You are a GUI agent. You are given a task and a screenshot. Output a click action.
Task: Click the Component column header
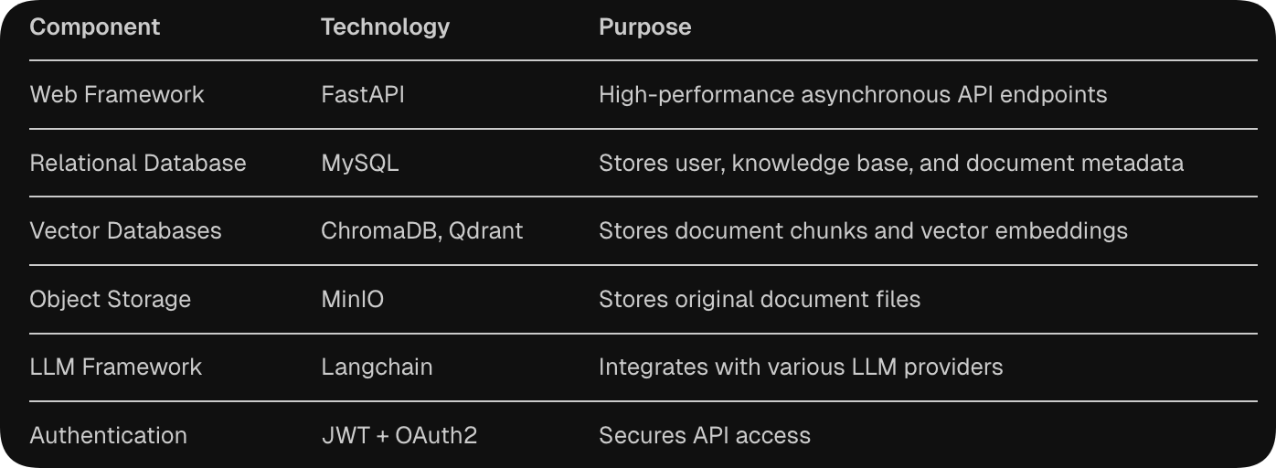[x=94, y=27]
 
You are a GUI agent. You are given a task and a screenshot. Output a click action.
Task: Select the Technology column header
[x=385, y=27]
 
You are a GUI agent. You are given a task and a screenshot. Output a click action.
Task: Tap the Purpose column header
[x=644, y=27]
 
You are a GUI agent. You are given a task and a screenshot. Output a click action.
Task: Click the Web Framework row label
[x=117, y=94]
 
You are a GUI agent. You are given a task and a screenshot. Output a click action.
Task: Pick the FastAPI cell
[x=363, y=94]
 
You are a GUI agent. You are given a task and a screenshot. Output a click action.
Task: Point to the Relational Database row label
[x=138, y=163]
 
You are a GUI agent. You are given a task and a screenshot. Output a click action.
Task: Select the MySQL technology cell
[x=360, y=164]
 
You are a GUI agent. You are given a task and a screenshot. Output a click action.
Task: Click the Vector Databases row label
[x=125, y=230]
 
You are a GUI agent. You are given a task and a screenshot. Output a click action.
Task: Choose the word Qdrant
[x=486, y=230]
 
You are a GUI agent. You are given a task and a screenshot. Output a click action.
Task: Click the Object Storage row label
[x=110, y=300]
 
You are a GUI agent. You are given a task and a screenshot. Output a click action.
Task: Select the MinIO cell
[x=353, y=299]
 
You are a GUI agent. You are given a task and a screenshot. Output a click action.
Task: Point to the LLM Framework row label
[x=116, y=367]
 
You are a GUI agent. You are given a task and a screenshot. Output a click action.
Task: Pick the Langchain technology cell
[x=377, y=367]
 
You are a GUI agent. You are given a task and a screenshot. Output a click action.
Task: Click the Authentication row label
[x=108, y=435]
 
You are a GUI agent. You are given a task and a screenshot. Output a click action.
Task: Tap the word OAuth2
[x=436, y=435]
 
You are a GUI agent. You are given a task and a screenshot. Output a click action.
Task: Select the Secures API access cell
[x=705, y=435]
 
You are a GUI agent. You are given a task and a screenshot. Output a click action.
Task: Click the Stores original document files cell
[x=760, y=300]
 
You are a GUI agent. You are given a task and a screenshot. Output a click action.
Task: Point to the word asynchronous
[x=876, y=95]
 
